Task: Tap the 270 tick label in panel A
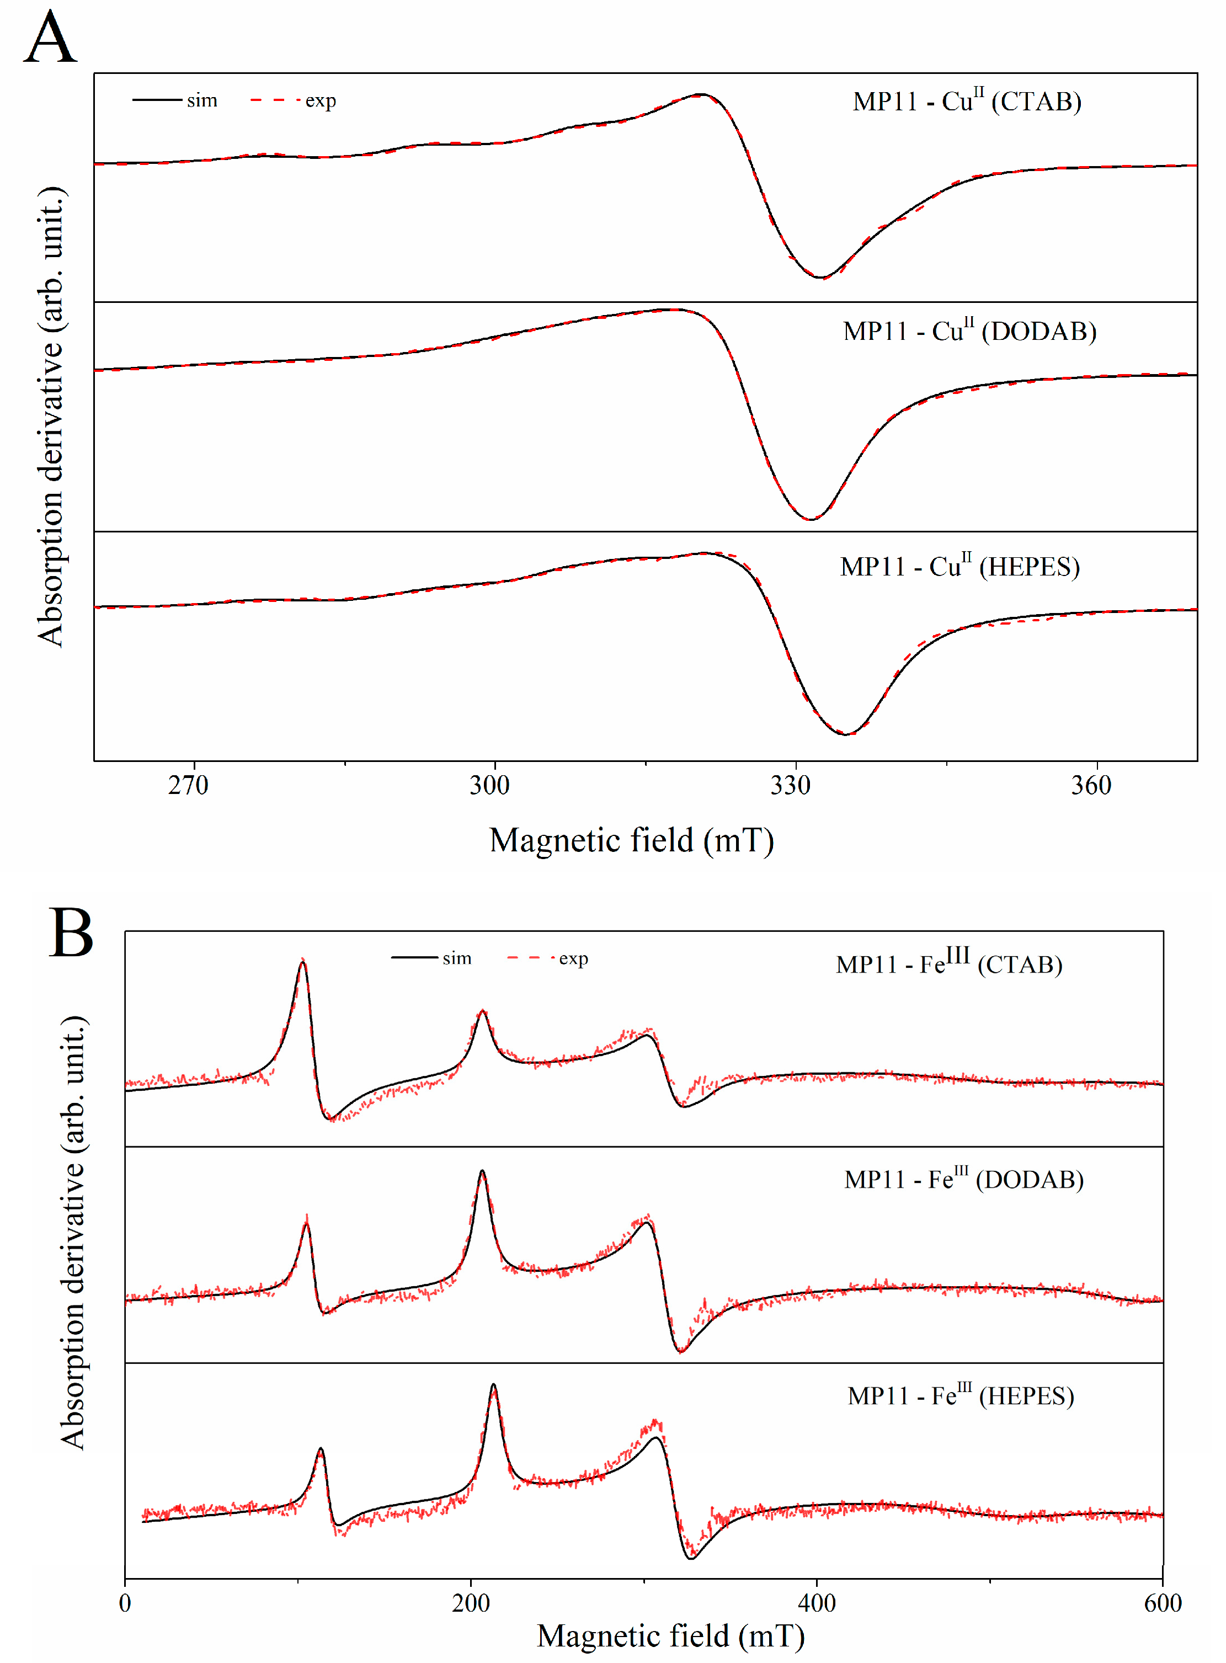click(x=188, y=785)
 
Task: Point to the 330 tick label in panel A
click(x=790, y=785)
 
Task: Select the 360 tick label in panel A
click(x=1091, y=785)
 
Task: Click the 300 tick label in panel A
click(x=489, y=785)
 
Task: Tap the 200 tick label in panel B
click(x=471, y=1603)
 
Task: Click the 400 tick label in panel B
click(x=817, y=1603)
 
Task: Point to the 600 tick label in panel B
click(x=1162, y=1603)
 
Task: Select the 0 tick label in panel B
click(x=125, y=1603)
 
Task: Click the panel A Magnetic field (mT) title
click(x=632, y=840)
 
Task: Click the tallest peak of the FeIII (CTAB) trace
click(x=302, y=962)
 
